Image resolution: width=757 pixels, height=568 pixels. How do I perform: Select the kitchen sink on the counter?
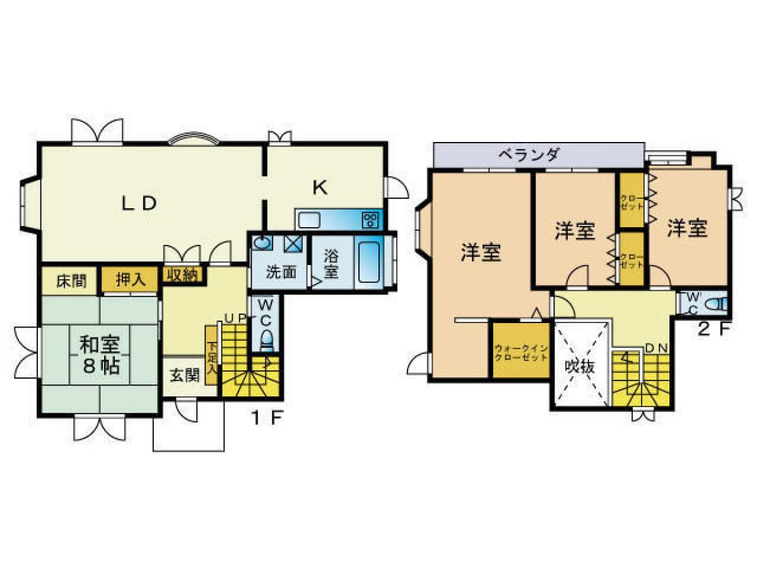pos(309,220)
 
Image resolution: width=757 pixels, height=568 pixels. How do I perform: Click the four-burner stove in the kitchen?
pos(370,220)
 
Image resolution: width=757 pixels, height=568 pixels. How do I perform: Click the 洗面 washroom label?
pos(281,273)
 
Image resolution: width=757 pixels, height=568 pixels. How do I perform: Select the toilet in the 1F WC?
pos(267,340)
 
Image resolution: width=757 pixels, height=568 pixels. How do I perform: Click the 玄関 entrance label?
pos(184,376)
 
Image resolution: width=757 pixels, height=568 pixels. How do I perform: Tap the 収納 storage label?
pos(182,275)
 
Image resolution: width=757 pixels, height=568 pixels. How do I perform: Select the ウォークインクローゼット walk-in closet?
pos(521,352)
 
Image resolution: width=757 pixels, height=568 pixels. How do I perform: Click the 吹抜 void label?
pos(580,367)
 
